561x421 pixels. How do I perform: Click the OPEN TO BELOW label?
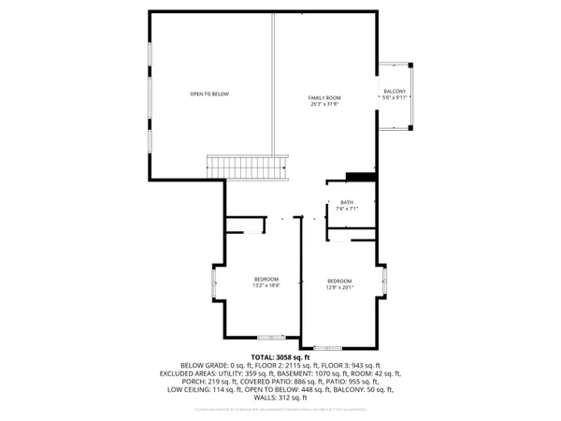pyautogui.click(x=209, y=94)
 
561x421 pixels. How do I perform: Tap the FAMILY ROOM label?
pyautogui.click(x=324, y=97)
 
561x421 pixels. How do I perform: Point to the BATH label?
pyautogui.click(x=347, y=203)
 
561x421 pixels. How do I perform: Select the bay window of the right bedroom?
pyautogui.click(x=386, y=281)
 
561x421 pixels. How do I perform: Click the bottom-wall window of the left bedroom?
pyautogui.click(x=271, y=336)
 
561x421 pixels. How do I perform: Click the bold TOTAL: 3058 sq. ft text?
pyautogui.click(x=280, y=357)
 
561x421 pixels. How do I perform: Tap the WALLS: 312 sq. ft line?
pyautogui.click(x=280, y=398)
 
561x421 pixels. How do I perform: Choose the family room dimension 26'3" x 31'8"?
pyautogui.click(x=324, y=104)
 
